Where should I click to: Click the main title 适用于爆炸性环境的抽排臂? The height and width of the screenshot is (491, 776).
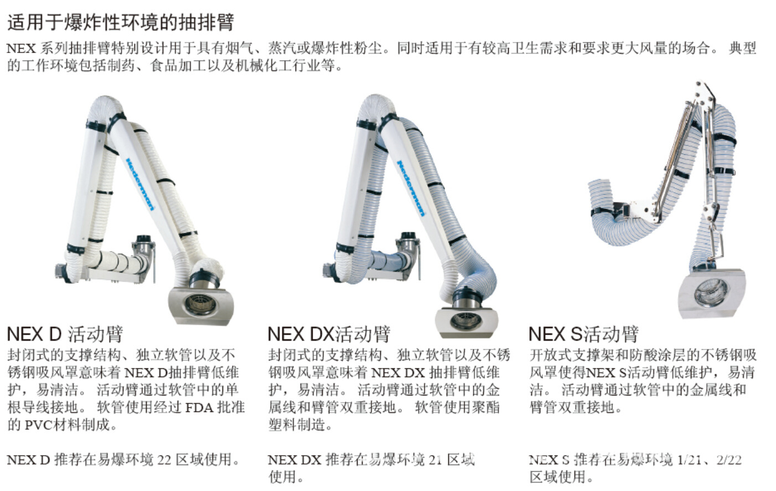click(x=121, y=22)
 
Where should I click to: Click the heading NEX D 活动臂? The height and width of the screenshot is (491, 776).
click(x=65, y=335)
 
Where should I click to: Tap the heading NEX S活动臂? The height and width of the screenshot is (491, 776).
click(x=583, y=335)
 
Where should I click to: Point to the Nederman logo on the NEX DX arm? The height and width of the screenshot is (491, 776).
click(x=411, y=188)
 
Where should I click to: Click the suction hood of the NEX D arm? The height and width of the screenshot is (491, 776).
click(x=201, y=306)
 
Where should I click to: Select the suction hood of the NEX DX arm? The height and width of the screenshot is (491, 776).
click(x=467, y=322)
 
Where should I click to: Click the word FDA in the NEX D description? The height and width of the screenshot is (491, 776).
click(x=199, y=408)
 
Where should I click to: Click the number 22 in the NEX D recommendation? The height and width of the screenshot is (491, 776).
click(x=164, y=460)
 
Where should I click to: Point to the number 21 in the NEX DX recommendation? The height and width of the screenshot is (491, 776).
click(x=436, y=460)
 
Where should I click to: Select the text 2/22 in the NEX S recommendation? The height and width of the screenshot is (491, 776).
click(x=730, y=460)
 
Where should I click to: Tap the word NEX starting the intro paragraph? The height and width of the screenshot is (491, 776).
click(x=21, y=49)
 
